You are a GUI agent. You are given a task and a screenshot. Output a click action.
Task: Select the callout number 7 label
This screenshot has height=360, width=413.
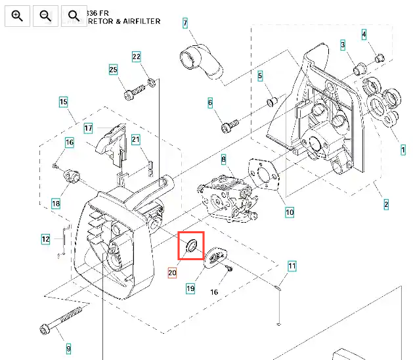(186, 24)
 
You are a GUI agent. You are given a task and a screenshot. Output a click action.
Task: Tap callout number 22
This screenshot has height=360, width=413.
(137, 56)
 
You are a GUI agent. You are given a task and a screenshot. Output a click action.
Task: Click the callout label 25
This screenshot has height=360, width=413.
(113, 70)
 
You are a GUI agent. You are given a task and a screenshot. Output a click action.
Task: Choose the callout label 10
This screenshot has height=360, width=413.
(290, 212)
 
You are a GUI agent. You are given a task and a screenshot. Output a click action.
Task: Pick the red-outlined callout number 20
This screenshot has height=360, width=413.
(173, 273)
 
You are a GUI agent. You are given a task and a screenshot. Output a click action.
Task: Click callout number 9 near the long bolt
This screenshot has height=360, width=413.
(68, 348)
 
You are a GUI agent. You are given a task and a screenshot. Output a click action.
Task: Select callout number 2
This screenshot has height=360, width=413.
(386, 204)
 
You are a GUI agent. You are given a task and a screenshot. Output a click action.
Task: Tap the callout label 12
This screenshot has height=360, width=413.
(45, 239)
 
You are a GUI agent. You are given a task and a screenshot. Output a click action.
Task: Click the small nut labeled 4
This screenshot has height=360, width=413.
(378, 59)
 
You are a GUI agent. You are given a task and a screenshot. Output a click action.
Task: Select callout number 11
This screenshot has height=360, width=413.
(292, 266)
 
